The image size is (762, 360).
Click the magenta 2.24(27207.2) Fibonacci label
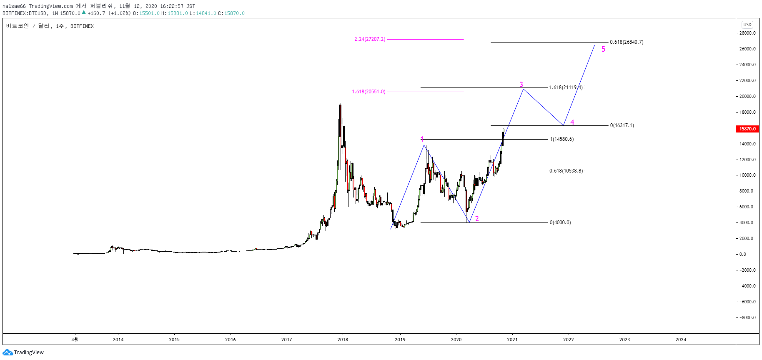coord(370,39)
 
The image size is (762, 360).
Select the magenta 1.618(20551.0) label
coord(368,92)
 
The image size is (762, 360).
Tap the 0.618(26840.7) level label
coord(627,42)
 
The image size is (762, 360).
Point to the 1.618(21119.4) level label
coord(566,87)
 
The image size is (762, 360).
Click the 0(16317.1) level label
coord(622,125)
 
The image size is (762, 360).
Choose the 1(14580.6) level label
coord(562,139)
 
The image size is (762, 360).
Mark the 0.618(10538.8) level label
coord(566,171)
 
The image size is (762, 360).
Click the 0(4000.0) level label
coord(560,222)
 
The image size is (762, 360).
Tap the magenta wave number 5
coord(603,49)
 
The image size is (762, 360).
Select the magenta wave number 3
coord(521,85)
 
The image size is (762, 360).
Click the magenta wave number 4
coord(572,122)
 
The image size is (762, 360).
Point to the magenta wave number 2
coord(477,219)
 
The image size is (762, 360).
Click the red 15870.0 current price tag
coord(747,129)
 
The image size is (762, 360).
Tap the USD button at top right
coord(747,25)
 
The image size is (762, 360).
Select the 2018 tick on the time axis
coord(343,340)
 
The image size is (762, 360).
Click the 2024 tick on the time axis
coord(681,340)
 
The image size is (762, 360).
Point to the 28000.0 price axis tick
coord(747,33)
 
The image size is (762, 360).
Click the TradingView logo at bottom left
coord(23,352)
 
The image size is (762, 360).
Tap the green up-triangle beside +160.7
coord(84,12)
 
